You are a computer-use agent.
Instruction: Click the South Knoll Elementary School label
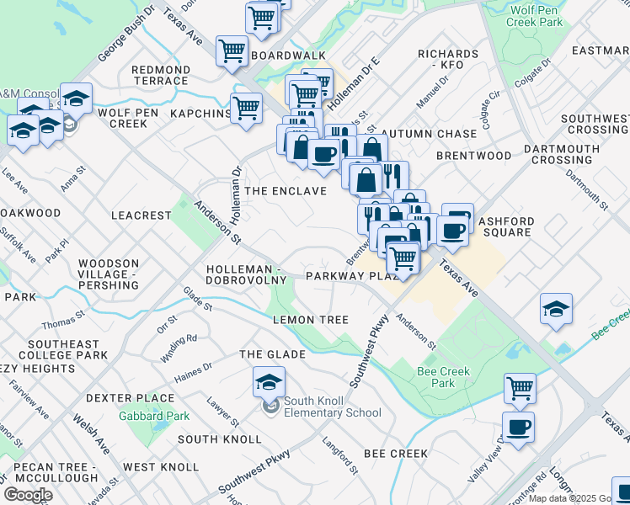click(332, 407)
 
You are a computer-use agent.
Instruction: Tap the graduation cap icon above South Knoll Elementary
click(269, 382)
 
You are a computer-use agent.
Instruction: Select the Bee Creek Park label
click(436, 377)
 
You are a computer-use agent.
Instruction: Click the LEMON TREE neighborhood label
click(310, 320)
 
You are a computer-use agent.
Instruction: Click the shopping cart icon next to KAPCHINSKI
click(246, 108)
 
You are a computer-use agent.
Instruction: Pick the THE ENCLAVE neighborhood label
click(285, 191)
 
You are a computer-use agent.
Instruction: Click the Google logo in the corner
click(28, 495)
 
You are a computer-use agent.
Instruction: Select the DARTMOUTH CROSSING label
click(561, 155)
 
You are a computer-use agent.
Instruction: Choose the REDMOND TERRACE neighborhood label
click(160, 75)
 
